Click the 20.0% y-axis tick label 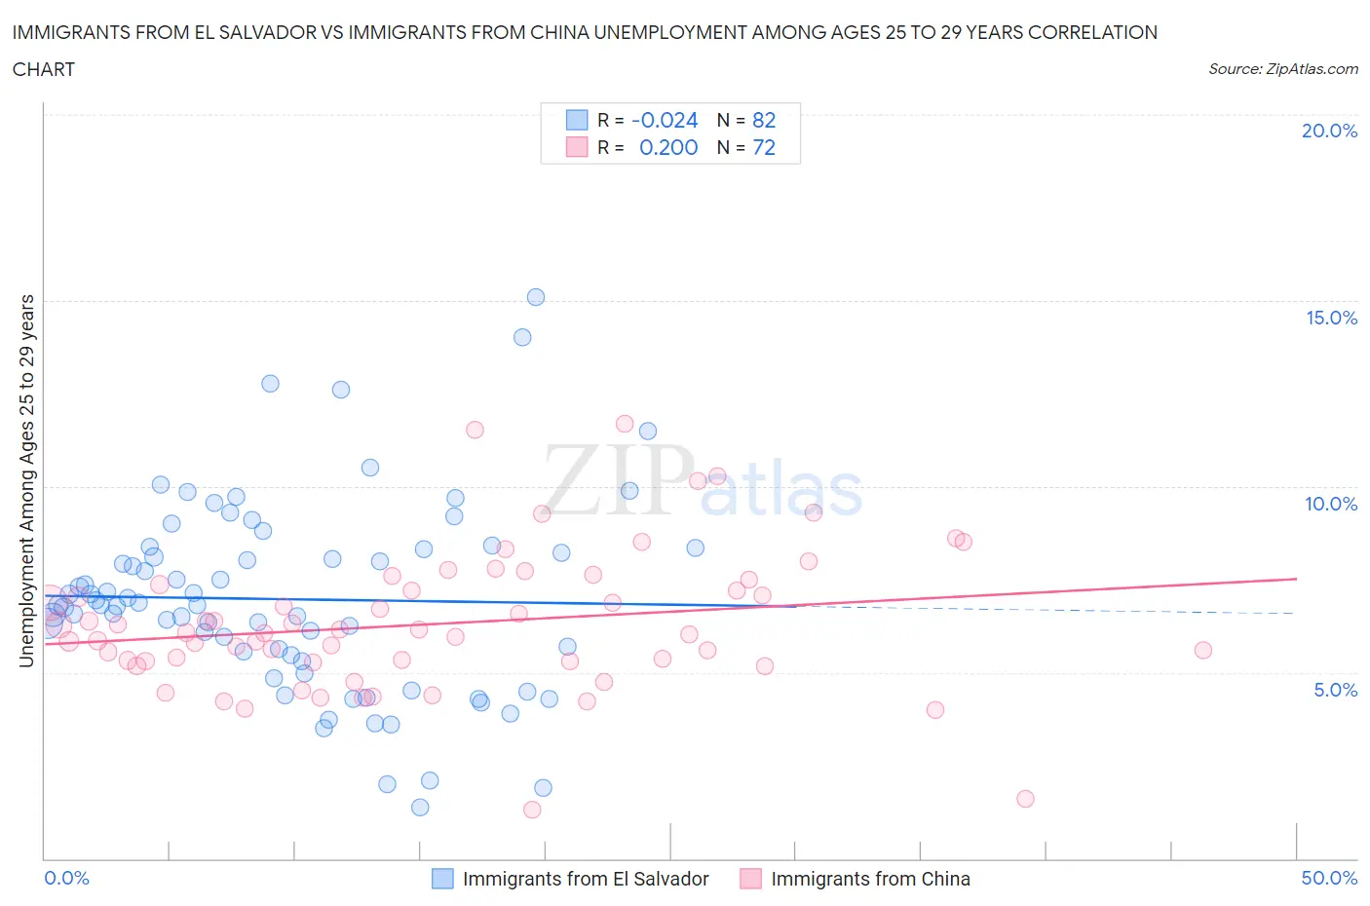[1329, 131]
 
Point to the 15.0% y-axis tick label [1331, 318]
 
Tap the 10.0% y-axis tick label [1331, 504]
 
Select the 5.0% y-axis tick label [1335, 690]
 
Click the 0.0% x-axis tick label [66, 878]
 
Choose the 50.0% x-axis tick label [1329, 878]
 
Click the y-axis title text [26, 481]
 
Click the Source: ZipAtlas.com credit [1282, 69]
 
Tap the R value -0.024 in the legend [665, 120]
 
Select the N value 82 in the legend [764, 120]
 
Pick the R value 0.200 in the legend [668, 147]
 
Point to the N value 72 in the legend [764, 147]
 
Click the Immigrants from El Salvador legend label [586, 879]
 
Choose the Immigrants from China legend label [870, 879]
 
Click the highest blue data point [536, 297]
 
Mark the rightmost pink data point [1203, 651]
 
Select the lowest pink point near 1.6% [1025, 799]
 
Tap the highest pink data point [625, 424]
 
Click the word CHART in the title [44, 69]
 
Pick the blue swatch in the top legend [577, 120]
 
